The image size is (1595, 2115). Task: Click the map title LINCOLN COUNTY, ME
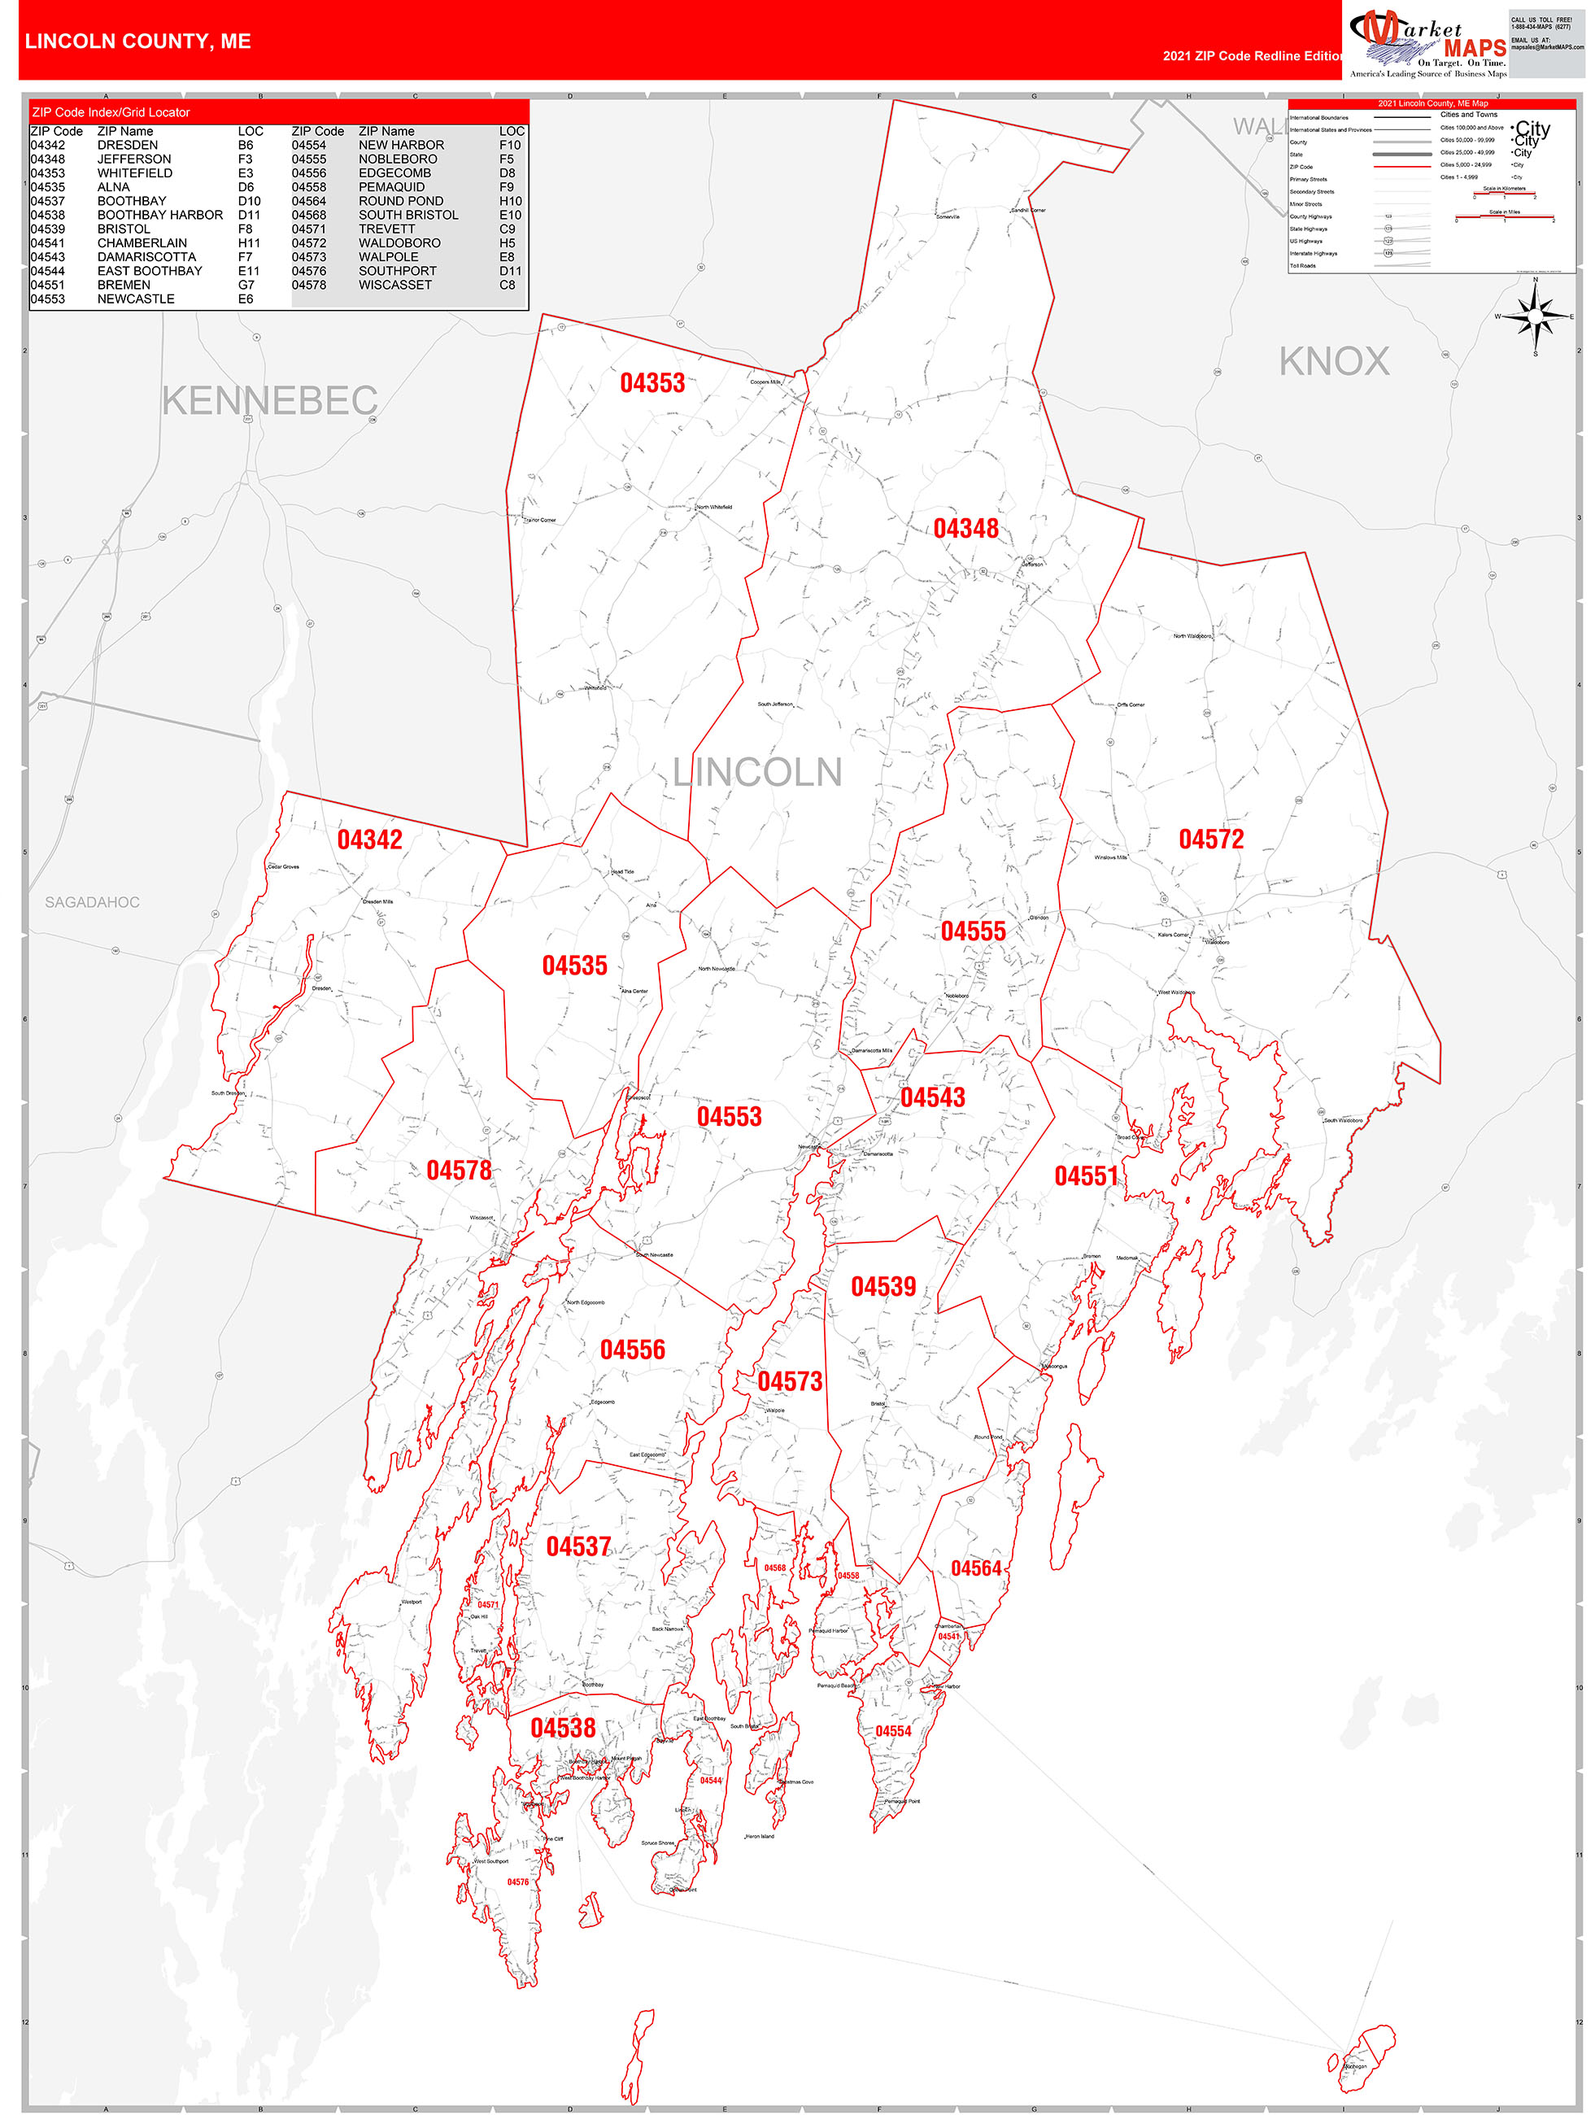coord(137,41)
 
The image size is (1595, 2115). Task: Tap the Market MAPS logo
coord(1427,43)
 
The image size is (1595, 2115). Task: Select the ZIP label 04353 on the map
coord(652,383)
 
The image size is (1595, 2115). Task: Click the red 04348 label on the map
coord(965,529)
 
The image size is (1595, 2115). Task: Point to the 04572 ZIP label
coord(1210,839)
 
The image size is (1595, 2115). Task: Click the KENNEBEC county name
coord(270,400)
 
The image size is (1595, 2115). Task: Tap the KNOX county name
coord(1334,361)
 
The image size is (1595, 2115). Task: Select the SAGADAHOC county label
coord(92,901)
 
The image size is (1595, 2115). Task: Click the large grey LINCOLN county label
coord(756,773)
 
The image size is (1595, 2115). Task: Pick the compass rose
coord(1535,316)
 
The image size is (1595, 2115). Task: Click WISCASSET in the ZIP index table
coord(395,285)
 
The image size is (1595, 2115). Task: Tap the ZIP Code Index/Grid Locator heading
coord(111,113)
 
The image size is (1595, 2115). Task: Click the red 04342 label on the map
coord(369,839)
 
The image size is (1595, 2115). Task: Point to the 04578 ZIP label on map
coord(459,1171)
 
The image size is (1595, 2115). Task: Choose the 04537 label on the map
coord(577,1546)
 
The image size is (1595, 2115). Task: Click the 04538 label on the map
coord(562,1728)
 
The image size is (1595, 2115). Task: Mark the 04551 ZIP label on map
coord(1087,1176)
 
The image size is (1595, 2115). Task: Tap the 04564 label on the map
coord(975,1568)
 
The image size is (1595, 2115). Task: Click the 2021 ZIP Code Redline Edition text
coord(1253,55)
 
